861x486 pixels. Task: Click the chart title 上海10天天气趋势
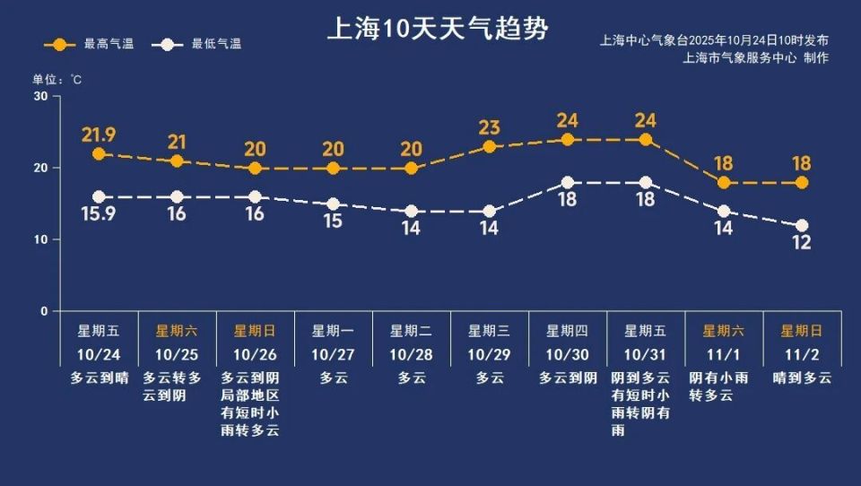(437, 29)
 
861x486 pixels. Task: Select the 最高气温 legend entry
(90, 44)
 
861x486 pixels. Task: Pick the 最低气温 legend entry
(197, 44)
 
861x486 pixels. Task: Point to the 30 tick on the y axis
(40, 96)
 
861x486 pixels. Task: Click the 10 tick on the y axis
(40, 239)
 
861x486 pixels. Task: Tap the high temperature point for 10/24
(99, 154)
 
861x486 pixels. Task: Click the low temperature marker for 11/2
(802, 226)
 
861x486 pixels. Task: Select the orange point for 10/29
(489, 146)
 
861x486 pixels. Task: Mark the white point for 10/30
(567, 183)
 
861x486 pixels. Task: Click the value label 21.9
(99, 135)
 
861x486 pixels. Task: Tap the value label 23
(489, 127)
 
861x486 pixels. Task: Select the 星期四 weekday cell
(567, 331)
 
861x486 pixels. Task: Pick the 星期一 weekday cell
(333, 331)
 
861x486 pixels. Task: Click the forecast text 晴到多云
(802, 378)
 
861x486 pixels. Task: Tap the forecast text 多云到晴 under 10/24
(99, 378)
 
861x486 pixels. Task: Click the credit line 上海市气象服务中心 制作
(755, 57)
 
